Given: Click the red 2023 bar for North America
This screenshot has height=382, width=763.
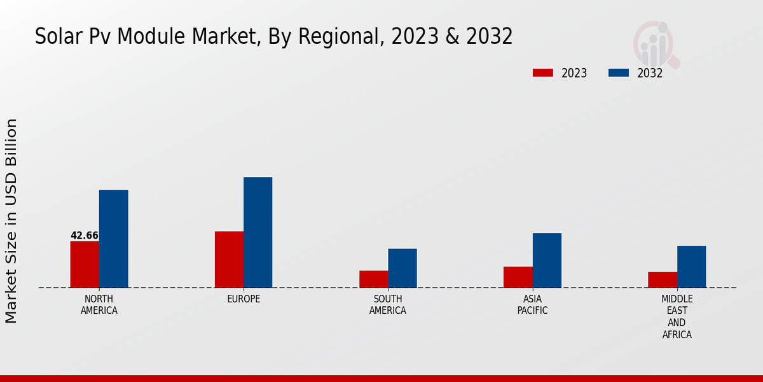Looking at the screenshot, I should coord(85,264).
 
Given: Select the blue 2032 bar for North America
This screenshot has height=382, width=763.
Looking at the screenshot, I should coord(114,239).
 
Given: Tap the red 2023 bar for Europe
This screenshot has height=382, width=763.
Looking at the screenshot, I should coord(229,259).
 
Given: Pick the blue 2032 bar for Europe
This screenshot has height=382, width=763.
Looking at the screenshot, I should coord(258,232).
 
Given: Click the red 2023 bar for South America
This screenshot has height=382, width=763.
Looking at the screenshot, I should coord(374,279).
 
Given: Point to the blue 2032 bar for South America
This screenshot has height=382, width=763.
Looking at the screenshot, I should coord(402,268).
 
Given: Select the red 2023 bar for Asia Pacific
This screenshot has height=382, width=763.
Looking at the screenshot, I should coord(518,277).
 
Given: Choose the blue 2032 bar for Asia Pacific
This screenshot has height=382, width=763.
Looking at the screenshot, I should coord(547,260).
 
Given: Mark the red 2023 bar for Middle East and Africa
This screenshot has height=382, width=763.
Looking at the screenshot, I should coord(663,279).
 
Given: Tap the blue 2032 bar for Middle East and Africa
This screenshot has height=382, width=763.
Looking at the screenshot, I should coord(692,267).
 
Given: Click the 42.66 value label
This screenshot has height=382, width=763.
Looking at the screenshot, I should coord(85,236).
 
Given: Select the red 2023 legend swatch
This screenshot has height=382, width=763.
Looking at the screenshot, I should coord(543,73).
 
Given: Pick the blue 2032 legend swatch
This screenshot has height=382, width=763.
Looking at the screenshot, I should coord(619,73).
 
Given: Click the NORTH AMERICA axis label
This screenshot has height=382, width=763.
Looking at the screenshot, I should coord(99,304).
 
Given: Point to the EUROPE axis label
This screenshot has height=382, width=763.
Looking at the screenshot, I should coord(244,299).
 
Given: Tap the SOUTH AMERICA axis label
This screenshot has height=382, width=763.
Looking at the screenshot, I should coord(388,304).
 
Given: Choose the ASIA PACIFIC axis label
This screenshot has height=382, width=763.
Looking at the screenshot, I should coord(532,304).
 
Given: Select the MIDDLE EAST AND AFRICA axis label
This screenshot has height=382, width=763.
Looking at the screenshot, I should coord(677,316).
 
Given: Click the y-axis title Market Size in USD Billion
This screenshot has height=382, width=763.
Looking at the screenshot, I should coord(11,220).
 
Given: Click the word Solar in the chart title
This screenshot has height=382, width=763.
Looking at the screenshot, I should coord(55,37).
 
